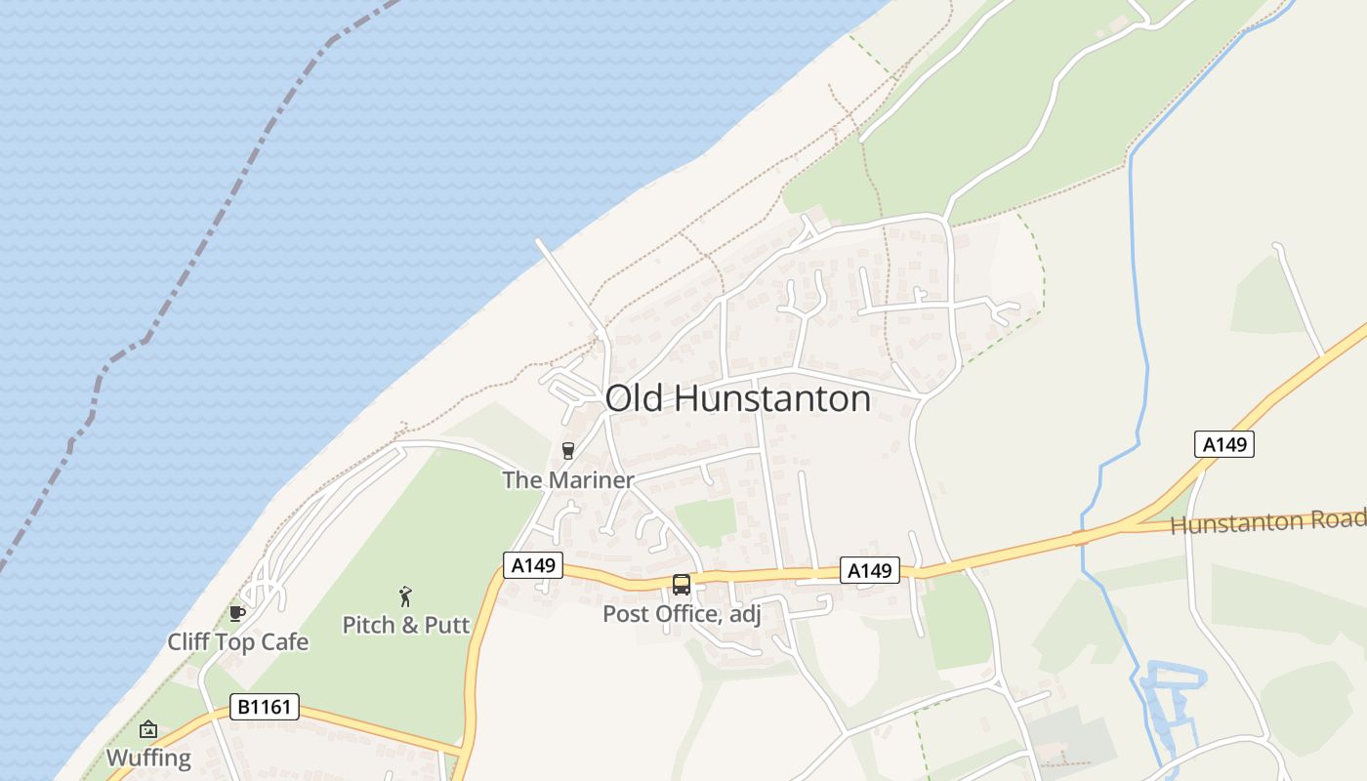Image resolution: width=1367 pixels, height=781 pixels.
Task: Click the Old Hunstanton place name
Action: (737, 398)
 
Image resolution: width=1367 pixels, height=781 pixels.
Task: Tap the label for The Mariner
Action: (567, 479)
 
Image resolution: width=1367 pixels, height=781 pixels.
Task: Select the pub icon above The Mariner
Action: (568, 450)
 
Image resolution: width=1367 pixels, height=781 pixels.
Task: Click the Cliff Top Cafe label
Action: (237, 641)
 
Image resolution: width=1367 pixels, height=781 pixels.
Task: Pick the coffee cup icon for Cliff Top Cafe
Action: (235, 613)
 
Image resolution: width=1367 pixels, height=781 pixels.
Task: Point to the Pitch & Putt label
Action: (406, 625)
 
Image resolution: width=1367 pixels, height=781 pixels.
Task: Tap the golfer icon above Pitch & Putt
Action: (406, 596)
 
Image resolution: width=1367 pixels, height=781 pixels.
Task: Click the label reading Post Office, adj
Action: (681, 614)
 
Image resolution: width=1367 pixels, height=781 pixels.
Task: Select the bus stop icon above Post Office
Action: (682, 585)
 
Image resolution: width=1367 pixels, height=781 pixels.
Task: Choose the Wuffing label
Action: (148, 758)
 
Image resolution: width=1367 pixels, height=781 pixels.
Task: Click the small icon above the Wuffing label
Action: (148, 729)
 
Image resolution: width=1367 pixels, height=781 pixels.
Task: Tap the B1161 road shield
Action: (265, 707)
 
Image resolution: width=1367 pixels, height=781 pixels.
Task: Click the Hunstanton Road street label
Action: (1267, 521)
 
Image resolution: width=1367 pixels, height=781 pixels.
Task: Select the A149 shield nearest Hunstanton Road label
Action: (1224, 445)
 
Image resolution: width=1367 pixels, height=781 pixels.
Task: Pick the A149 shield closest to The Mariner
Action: (533, 565)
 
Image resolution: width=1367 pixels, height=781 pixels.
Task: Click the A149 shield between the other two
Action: (869, 571)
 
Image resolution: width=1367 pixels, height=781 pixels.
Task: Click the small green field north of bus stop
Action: (706, 521)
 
